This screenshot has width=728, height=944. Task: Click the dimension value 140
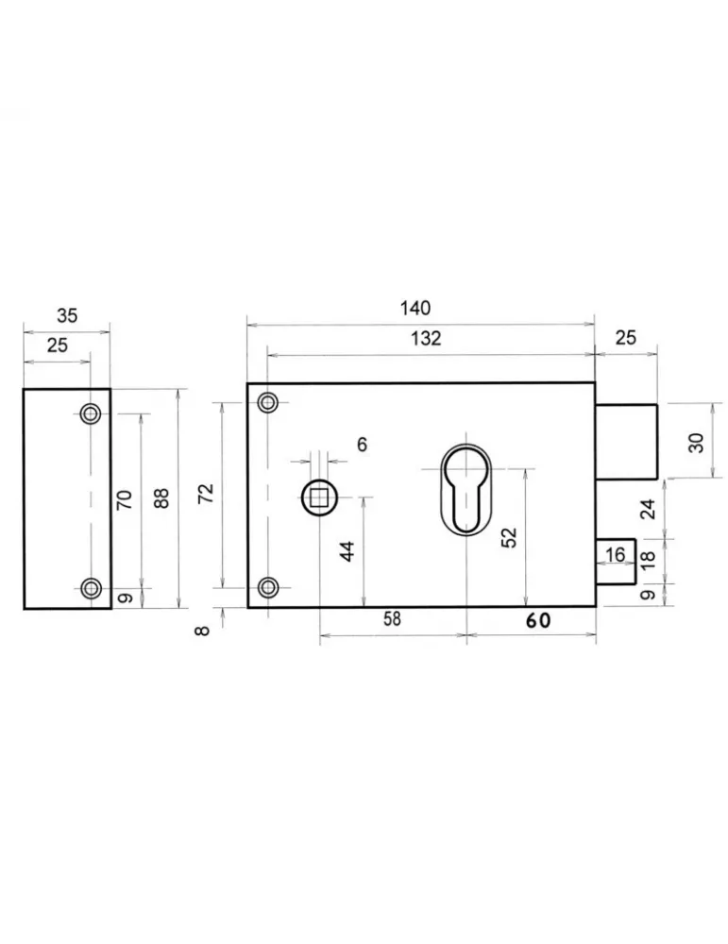(415, 308)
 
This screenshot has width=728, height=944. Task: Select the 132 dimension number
(426, 339)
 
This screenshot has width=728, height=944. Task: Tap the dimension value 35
(67, 316)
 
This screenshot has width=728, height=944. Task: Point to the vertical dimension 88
(161, 498)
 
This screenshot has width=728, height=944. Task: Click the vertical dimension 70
(124, 499)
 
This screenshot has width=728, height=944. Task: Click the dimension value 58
(392, 620)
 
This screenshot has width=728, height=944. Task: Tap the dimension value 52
(509, 538)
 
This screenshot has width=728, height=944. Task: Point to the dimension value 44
(347, 551)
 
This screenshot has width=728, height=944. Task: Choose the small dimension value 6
(362, 445)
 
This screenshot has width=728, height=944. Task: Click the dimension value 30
(696, 441)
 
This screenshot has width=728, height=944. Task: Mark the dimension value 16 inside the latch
(616, 555)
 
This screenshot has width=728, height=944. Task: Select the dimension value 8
(202, 630)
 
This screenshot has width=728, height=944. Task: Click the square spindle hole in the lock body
(321, 497)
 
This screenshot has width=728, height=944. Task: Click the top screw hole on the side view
(91, 413)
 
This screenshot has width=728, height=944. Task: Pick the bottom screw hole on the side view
(91, 589)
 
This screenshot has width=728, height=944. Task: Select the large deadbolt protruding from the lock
(626, 440)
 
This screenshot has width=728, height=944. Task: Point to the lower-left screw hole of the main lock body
(268, 588)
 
